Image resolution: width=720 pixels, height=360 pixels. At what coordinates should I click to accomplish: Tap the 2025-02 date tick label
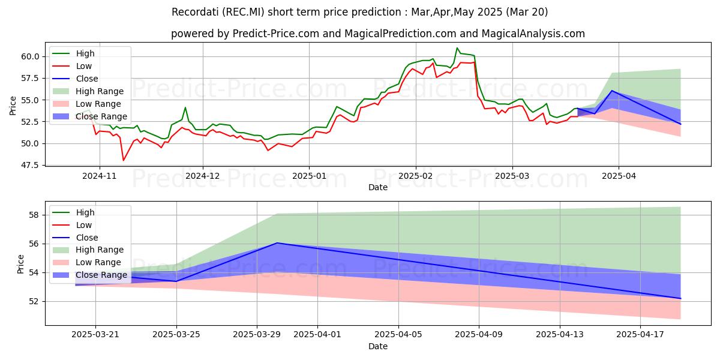[x=415, y=176]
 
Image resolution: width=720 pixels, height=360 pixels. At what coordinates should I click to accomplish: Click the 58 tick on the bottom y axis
[x=34, y=215]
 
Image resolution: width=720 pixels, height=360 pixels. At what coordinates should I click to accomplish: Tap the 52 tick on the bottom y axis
[x=34, y=301]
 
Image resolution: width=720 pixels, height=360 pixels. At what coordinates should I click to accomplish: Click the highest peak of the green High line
[x=457, y=48]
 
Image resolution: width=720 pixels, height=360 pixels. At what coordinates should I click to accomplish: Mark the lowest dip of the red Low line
[x=124, y=160]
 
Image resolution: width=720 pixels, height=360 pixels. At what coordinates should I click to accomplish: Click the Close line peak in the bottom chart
[x=277, y=243]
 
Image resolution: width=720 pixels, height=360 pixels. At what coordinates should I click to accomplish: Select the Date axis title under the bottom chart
[x=378, y=346]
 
